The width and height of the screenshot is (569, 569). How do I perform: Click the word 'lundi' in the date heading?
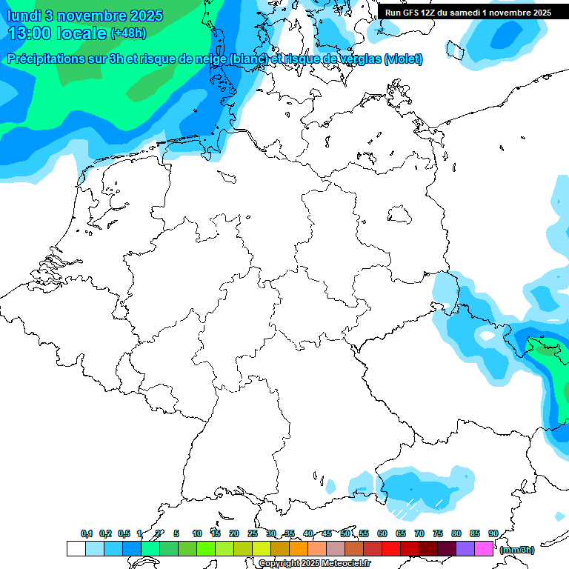coord(24,16)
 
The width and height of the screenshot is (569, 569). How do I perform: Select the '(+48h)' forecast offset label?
coord(128,33)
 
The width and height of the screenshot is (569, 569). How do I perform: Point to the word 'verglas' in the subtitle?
coord(358,59)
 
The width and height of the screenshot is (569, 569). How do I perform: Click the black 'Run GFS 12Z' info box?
coord(468,13)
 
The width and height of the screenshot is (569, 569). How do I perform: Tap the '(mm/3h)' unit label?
coord(516,550)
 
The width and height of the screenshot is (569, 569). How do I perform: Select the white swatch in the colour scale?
coord(76,549)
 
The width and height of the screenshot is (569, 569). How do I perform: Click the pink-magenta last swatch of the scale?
coord(483,549)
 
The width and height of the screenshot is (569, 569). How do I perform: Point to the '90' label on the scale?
coord(493,533)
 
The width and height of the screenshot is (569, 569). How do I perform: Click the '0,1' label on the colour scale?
coord(86,533)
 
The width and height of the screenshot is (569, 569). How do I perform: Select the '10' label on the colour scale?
coord(197,533)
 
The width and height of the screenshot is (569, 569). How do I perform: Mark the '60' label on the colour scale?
coord(382,533)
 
